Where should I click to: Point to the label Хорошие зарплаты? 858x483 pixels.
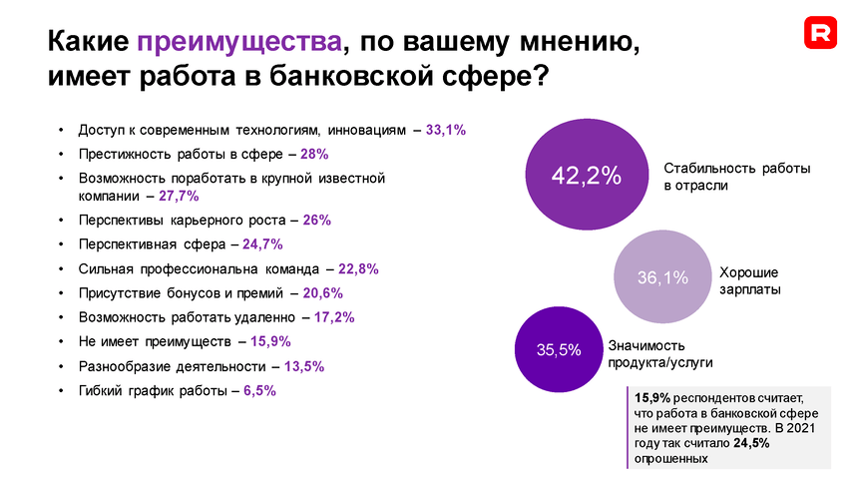749,280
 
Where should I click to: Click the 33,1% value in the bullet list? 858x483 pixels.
446,130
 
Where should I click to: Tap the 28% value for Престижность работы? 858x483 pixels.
314,155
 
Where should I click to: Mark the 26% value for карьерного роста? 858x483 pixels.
317,220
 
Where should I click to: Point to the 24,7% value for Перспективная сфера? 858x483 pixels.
263,244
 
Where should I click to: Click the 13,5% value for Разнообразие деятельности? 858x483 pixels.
304,366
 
